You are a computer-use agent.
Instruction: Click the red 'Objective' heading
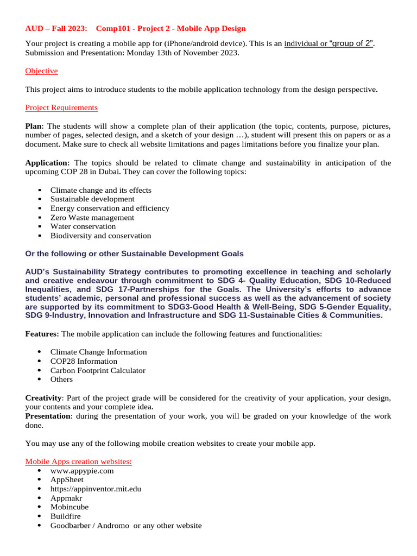(x=41, y=71)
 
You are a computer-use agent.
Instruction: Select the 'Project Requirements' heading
(x=61, y=108)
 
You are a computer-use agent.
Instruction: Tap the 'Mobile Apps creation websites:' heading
(x=78, y=462)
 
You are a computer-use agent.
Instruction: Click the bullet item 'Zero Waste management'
(x=92, y=217)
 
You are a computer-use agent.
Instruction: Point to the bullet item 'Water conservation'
(x=83, y=226)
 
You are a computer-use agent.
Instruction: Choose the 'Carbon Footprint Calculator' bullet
(x=98, y=370)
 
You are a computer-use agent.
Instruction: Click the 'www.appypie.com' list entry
(x=82, y=471)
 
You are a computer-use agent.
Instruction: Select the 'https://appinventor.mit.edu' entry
(x=96, y=489)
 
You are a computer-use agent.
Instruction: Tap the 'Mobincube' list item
(x=69, y=507)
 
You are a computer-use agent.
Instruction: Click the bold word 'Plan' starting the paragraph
(x=34, y=126)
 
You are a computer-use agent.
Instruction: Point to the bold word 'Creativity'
(x=43, y=398)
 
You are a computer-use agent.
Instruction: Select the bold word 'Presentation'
(x=48, y=416)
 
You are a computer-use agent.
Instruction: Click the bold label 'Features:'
(x=43, y=334)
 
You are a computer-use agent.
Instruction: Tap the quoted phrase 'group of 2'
(x=352, y=43)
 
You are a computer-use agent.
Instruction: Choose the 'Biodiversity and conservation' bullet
(x=100, y=236)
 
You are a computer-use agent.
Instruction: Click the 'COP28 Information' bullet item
(x=84, y=361)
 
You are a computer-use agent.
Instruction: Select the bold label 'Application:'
(x=47, y=162)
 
